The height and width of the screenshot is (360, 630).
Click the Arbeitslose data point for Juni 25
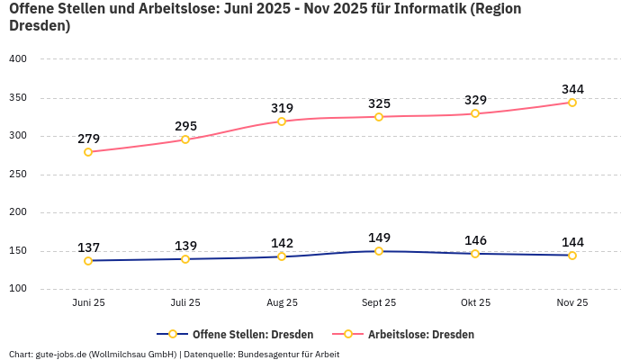[88, 152]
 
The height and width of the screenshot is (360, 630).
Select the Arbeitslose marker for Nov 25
[572, 103]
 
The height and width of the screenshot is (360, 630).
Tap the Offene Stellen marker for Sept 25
[379, 251]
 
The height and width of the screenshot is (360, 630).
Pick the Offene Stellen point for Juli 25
[185, 259]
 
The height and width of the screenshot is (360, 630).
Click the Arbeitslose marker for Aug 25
[282, 121]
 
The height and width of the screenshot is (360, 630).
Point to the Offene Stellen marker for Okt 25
[475, 254]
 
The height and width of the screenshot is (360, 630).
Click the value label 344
[572, 89]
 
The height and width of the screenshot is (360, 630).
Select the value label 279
[88, 139]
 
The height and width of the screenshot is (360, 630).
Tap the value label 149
[379, 238]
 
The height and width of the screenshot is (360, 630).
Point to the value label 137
[88, 247]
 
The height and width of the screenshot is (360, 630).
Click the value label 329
[475, 100]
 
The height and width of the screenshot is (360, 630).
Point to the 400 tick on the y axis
[19, 58]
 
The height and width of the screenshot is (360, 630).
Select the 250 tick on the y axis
[19, 175]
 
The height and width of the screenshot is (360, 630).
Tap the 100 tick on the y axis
[19, 289]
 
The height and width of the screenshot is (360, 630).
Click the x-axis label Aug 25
[282, 302]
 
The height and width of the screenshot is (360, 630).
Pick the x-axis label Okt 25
[475, 302]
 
